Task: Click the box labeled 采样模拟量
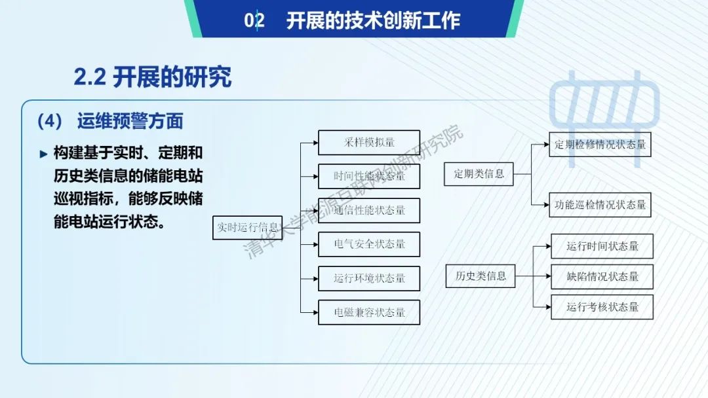click(369, 143)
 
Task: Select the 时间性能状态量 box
click(369, 176)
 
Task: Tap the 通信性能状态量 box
click(369, 211)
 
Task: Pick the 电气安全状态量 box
click(369, 244)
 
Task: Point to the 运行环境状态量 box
click(369, 279)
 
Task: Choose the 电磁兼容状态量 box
click(369, 312)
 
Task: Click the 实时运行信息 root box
click(247, 228)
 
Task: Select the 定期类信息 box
click(479, 174)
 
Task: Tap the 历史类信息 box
click(481, 276)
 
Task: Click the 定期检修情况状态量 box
click(600, 145)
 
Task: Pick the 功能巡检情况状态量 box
click(600, 205)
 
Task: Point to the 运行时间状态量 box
click(602, 246)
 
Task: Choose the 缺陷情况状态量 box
click(602, 277)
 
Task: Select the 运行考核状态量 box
click(602, 307)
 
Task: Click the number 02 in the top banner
click(254, 20)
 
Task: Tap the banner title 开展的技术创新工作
click(374, 20)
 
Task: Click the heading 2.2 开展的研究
click(153, 77)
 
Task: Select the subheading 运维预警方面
click(130, 121)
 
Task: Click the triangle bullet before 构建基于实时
click(43, 154)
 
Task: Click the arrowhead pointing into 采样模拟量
click(315, 143)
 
